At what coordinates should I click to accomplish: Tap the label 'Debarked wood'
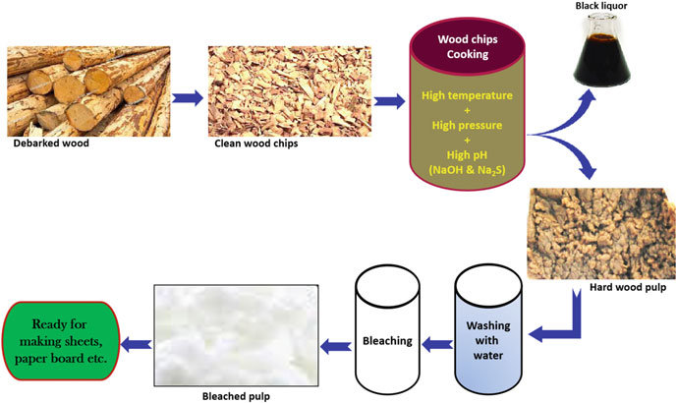pyautogui.click(x=52, y=144)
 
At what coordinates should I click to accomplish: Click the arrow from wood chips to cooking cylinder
pyautogui.click(x=388, y=99)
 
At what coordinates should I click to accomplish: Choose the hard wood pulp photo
pyautogui.click(x=597, y=233)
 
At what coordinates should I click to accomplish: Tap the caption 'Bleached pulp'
pyautogui.click(x=239, y=394)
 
